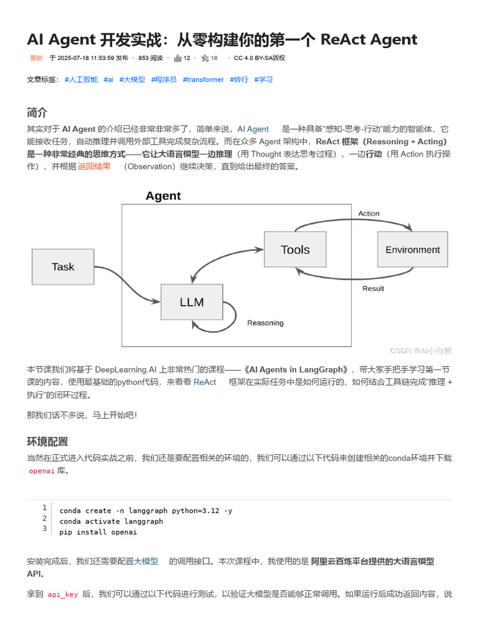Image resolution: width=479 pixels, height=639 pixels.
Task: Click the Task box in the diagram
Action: (62, 266)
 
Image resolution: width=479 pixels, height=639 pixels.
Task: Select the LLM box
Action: (191, 302)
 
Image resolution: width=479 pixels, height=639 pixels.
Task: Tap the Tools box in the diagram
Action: (295, 250)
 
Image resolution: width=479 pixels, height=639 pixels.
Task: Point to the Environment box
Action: (412, 250)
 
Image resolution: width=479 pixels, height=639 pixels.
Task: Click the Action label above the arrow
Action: (369, 213)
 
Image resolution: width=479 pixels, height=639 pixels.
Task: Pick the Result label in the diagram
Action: (373, 288)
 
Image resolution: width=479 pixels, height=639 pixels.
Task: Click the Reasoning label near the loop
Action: (265, 323)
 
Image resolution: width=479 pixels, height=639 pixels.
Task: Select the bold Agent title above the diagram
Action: (163, 196)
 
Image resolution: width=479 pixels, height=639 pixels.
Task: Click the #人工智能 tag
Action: (81, 80)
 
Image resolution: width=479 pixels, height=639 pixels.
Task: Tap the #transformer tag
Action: (203, 80)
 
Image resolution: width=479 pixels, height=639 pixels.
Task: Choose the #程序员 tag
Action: (163, 80)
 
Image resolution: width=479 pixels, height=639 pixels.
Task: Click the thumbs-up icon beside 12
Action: (178, 58)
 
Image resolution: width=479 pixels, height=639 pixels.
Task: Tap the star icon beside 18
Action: (205, 58)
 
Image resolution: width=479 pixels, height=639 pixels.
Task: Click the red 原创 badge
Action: (36, 58)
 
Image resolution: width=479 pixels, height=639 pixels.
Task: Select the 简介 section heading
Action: (37, 113)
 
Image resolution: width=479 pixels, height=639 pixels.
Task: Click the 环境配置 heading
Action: (47, 442)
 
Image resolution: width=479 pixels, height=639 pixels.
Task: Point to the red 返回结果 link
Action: (94, 167)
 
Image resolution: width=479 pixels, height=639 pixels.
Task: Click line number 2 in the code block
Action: (44, 518)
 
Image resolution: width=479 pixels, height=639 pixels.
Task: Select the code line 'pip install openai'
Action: (98, 532)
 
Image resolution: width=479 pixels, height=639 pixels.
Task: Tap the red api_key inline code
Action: (63, 595)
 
